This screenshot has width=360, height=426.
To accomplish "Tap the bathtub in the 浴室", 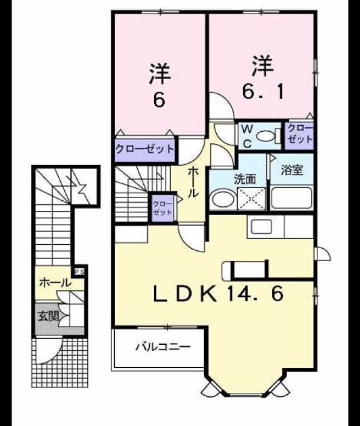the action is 292,197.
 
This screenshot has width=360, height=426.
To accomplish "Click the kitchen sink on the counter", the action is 262,227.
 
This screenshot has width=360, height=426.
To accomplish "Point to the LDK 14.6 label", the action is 219,293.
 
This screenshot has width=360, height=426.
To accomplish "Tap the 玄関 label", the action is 48,316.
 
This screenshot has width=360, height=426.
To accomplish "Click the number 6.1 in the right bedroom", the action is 263,91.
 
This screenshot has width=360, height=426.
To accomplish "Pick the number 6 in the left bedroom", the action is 159,100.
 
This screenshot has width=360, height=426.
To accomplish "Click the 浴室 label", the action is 292,170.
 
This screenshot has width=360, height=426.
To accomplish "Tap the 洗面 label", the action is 245,179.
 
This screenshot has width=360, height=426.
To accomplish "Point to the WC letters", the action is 247,136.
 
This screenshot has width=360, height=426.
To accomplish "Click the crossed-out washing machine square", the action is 251,199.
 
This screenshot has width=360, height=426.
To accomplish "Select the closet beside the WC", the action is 300,135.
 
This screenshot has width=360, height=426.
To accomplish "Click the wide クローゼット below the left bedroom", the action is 145,150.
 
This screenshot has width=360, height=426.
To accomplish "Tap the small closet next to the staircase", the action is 163,208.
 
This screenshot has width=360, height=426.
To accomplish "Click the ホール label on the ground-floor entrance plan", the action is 55,283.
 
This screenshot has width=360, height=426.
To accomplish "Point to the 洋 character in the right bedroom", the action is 262,66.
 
